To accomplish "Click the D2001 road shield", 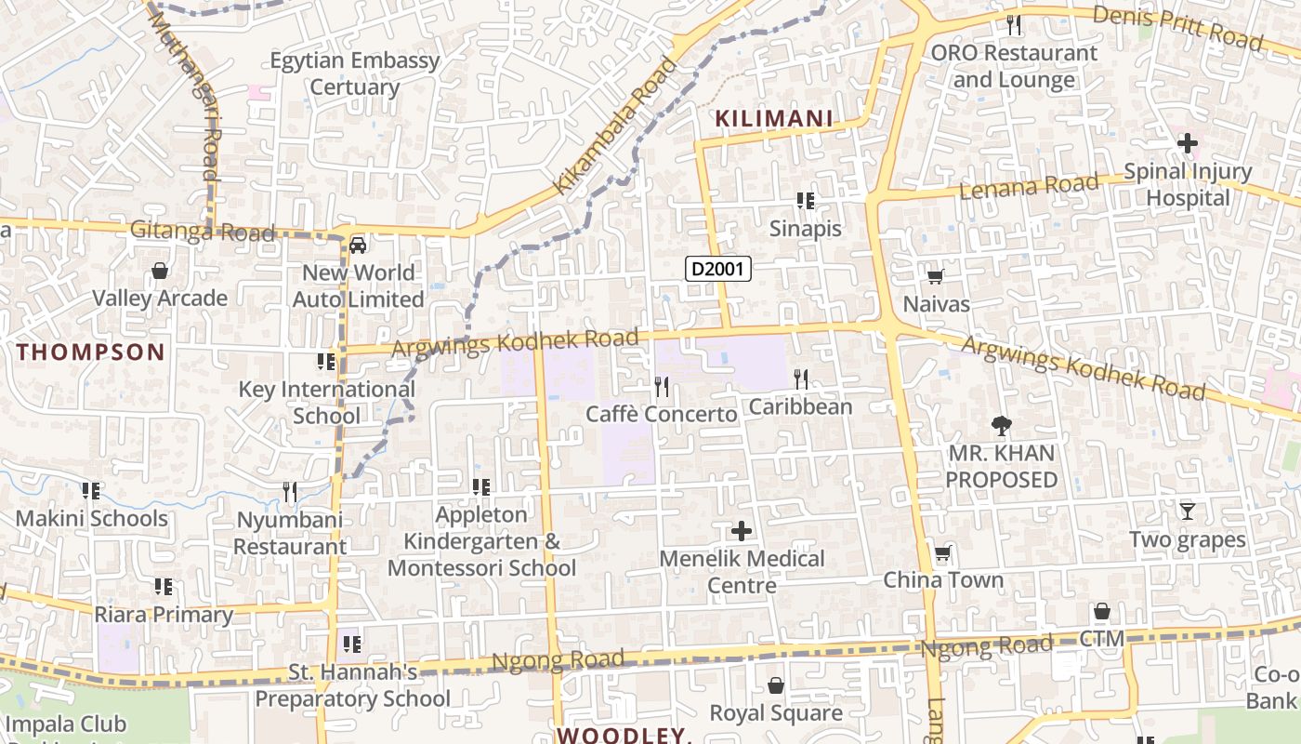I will [x=717, y=269].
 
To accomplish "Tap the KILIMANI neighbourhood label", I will [x=773, y=118].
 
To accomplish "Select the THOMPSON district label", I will [x=90, y=352].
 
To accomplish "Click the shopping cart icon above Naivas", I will [x=935, y=276].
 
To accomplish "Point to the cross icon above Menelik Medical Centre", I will [x=741, y=531].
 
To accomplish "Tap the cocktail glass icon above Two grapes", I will [x=1187, y=511].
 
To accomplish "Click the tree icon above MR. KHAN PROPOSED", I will [x=1001, y=426].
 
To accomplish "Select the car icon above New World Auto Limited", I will [x=358, y=246].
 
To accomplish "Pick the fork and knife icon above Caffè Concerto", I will [x=661, y=385].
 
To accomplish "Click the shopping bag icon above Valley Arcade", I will [x=160, y=271].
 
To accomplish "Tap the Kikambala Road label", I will [x=616, y=126].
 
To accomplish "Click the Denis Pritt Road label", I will [x=1177, y=28].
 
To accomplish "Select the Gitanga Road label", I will [x=203, y=231].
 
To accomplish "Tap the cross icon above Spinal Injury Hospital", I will [x=1187, y=143].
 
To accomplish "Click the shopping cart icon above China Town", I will [x=942, y=553].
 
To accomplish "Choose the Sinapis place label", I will [x=805, y=229].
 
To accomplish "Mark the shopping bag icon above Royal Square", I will [x=775, y=685].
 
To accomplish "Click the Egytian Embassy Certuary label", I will [x=354, y=73].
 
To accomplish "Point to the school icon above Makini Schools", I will [x=90, y=490].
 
